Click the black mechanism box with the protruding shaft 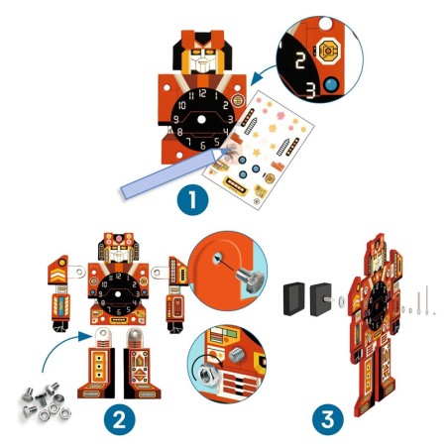tap(325, 298)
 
